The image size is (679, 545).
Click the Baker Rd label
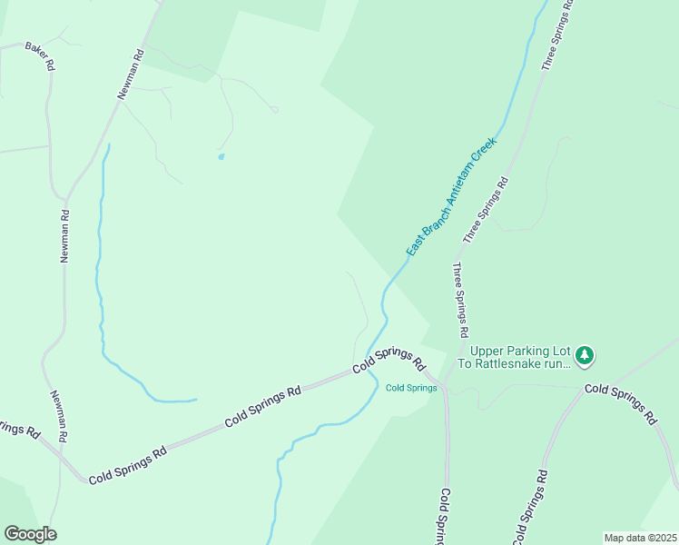[x=40, y=55]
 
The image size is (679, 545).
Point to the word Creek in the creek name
[x=486, y=149]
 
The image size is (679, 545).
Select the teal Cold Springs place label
[x=411, y=388]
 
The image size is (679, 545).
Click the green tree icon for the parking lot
[x=586, y=356]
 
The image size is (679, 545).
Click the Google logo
[x=30, y=534]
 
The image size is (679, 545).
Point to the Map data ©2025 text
[x=640, y=538]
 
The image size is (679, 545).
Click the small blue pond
[x=221, y=156]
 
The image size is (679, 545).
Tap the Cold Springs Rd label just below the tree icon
[x=620, y=403]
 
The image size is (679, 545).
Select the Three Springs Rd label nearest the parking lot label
[x=460, y=295]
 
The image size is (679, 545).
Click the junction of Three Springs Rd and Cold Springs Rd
[x=444, y=382]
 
